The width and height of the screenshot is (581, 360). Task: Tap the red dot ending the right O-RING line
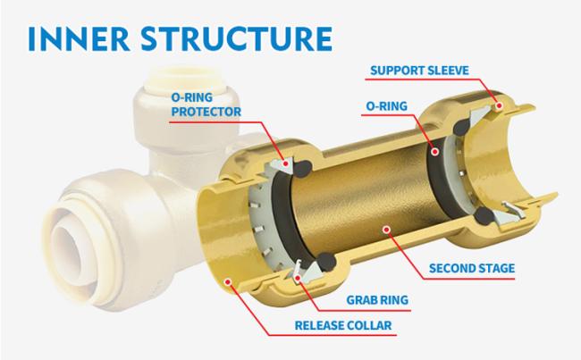(437, 152)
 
